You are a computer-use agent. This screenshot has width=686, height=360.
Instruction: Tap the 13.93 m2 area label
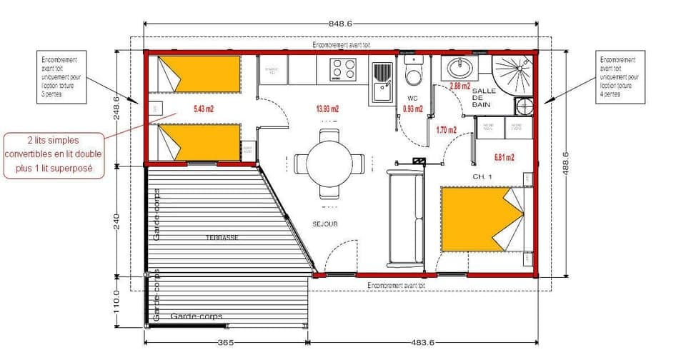(x=327, y=109)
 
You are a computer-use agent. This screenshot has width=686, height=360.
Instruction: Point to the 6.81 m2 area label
(x=504, y=156)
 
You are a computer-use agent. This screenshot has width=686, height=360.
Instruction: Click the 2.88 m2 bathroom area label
(x=459, y=86)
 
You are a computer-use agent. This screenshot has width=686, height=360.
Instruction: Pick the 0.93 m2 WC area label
(x=413, y=109)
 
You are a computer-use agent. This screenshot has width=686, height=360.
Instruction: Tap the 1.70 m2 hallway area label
(x=447, y=130)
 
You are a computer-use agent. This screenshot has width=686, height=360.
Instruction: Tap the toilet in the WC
(x=413, y=74)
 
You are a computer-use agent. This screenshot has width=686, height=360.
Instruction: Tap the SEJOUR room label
(x=324, y=224)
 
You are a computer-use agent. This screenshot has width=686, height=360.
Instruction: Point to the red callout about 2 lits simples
(x=54, y=154)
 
